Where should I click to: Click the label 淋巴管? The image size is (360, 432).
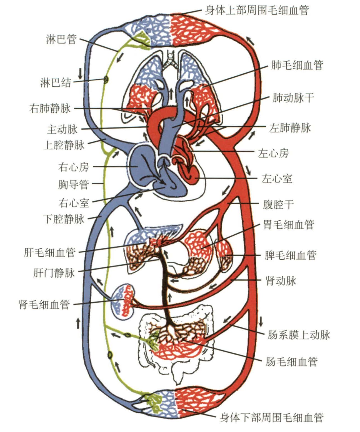tap(61, 39)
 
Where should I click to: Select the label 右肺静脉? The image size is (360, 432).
tap(50, 108)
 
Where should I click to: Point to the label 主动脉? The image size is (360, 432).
tap(62, 129)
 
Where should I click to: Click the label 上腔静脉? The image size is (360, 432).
tap(64, 145)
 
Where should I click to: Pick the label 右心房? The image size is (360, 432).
tap(74, 167)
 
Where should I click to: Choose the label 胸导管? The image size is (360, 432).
tap(74, 184)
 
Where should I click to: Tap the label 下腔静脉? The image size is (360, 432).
tap(64, 219)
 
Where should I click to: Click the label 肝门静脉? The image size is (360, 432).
tap(54, 273)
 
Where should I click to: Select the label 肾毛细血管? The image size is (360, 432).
tap(44, 304)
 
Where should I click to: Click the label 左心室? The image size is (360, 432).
tap(277, 178)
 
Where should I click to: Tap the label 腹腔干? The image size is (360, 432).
tap(278, 205)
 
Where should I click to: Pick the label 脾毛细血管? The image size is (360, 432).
tap(291, 255)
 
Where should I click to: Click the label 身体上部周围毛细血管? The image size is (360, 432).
tap(257, 10)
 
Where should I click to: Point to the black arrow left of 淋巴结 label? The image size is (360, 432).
tap(80, 73)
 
